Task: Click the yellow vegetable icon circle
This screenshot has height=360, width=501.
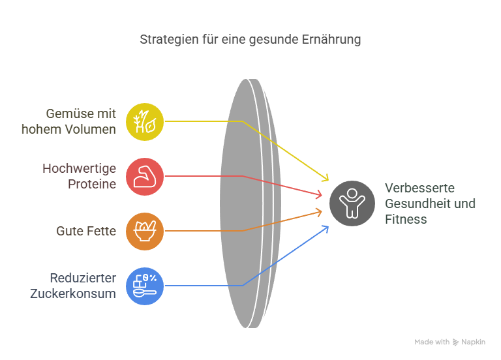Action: pyautogui.click(x=145, y=122)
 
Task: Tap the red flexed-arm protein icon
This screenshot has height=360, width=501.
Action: pyautogui.click(x=145, y=176)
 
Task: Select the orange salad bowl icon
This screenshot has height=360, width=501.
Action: pyautogui.click(x=145, y=232)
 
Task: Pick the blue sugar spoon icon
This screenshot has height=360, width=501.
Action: pyautogui.click(x=145, y=286)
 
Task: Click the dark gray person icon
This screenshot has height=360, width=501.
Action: pyautogui.click(x=352, y=203)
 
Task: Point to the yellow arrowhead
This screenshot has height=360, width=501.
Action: pyautogui.click(x=326, y=177)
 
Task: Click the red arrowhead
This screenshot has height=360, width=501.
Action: pyautogui.click(x=318, y=194)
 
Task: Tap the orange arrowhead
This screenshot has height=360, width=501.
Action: pyautogui.click(x=318, y=213)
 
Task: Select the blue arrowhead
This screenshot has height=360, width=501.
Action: pyautogui.click(x=326, y=229)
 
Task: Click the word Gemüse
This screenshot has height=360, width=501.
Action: pyautogui.click(x=68, y=113)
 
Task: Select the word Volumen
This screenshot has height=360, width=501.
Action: pyautogui.click(x=91, y=129)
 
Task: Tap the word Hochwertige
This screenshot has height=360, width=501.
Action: pyautogui.click(x=79, y=169)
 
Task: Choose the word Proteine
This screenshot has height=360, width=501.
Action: pyautogui.click(x=92, y=185)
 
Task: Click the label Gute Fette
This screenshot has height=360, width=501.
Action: pyautogui.click(x=86, y=232)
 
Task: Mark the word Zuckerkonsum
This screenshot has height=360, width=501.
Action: pyautogui.click(x=73, y=293)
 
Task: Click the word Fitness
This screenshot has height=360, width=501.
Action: pyautogui.click(x=406, y=219)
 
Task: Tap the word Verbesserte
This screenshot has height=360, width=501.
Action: pyautogui.click(x=419, y=188)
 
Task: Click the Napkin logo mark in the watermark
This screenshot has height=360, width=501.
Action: pyautogui.click(x=455, y=342)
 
